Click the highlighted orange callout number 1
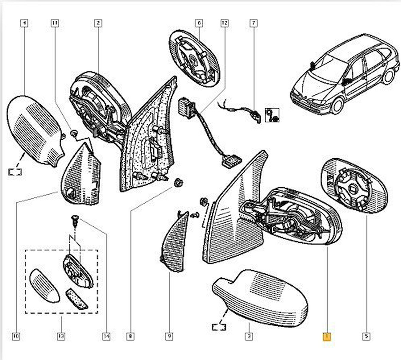coord(326,337)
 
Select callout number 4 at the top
coord(24,23)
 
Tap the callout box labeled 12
coord(224,23)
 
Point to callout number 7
coord(253,23)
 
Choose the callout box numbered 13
coord(61,337)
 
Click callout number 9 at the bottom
coord(169,337)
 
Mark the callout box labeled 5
coord(366,337)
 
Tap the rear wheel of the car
coord(388,76)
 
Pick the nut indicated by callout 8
coord(178,183)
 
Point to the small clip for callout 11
coord(73,133)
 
